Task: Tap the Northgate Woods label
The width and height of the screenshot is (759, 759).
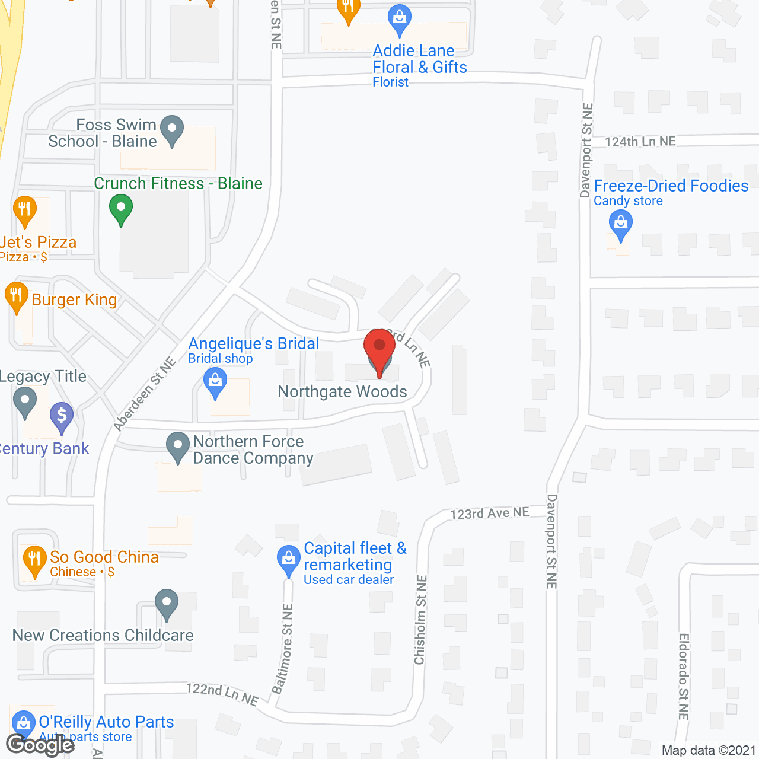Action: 342,392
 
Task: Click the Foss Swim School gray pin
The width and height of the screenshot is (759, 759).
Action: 172,130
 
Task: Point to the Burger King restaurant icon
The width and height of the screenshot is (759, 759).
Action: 16,297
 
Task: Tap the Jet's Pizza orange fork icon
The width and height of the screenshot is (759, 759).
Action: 24,210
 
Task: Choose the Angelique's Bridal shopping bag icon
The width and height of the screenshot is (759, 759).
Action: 215,382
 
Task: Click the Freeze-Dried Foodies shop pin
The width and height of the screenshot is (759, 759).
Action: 621,225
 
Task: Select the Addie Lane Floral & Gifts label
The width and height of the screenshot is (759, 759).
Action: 419,59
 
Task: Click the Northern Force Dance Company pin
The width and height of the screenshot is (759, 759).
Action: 177,447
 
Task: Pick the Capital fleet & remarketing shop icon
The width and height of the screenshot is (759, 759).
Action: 289,559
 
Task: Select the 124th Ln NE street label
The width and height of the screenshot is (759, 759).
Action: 640,142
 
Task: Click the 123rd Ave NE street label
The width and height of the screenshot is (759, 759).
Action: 489,514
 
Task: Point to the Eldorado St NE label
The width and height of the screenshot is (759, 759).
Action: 683,677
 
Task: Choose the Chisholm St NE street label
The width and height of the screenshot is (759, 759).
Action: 420,620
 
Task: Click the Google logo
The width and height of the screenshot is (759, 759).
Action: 40,745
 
